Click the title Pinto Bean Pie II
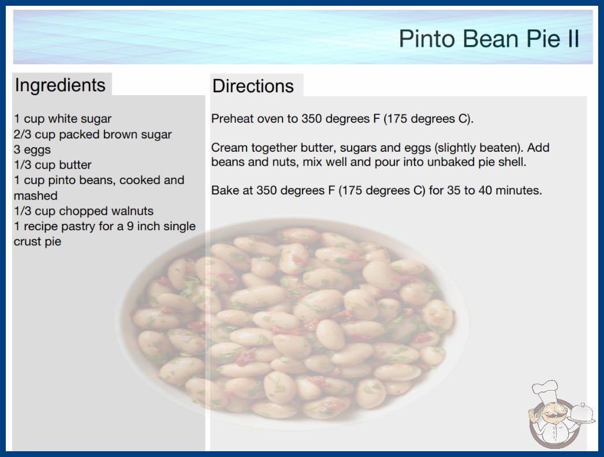click(x=489, y=39)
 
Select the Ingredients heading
click(x=60, y=85)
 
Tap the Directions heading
click(x=253, y=86)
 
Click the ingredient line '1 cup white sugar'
click(x=63, y=119)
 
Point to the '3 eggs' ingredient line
click(x=32, y=149)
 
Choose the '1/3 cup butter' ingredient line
click(x=53, y=165)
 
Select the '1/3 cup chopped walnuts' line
click(x=84, y=211)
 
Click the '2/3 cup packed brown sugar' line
click(x=93, y=134)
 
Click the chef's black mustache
click(x=551, y=415)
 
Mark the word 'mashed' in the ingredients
click(x=35, y=196)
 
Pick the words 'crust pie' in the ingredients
click(x=38, y=241)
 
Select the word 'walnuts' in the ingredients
click(x=132, y=211)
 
